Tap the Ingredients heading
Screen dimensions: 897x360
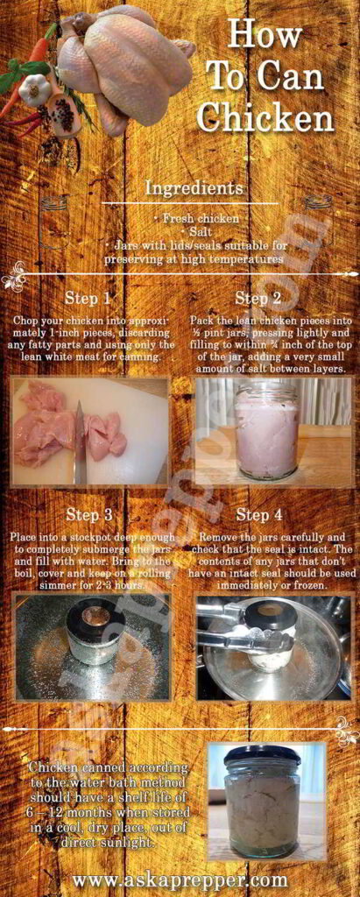coord(194,187)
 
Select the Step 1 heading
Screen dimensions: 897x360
coord(88,298)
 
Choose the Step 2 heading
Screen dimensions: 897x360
coord(252,298)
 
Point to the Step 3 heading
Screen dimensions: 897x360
coord(88,515)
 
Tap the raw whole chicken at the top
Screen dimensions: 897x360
coord(123,61)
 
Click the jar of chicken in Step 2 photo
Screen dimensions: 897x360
coord(265,430)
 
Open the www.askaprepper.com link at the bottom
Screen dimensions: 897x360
coord(180,879)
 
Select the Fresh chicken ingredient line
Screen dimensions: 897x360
coord(194,218)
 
